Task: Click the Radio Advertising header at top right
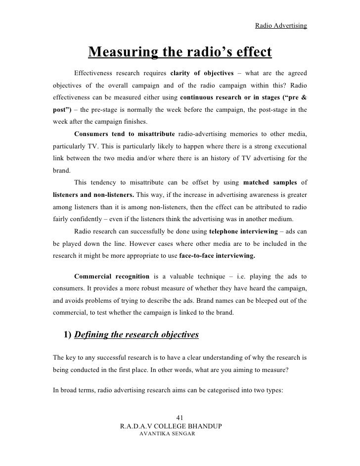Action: pyautogui.click(x=281, y=25)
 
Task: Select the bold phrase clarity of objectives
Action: pyautogui.click(x=201, y=73)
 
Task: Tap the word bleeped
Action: pyautogui.click(x=259, y=300)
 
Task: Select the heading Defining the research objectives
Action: pyautogui.click(x=136, y=335)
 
